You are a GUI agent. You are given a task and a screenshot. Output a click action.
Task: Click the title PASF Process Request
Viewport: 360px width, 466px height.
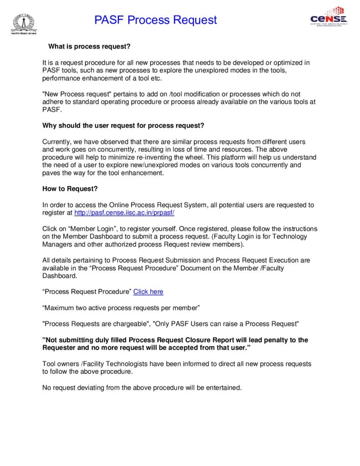point(156,20)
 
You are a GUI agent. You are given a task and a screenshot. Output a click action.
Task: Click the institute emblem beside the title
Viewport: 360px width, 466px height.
point(23,23)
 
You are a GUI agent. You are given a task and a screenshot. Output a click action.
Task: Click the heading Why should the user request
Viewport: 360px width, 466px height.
point(123,126)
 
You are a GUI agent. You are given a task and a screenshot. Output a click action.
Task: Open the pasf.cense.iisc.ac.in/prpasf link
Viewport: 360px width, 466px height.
point(124,213)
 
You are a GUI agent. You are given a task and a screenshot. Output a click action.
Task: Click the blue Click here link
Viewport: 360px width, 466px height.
point(148,292)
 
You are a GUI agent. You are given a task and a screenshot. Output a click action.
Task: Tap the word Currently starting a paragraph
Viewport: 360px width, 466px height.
point(57,142)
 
